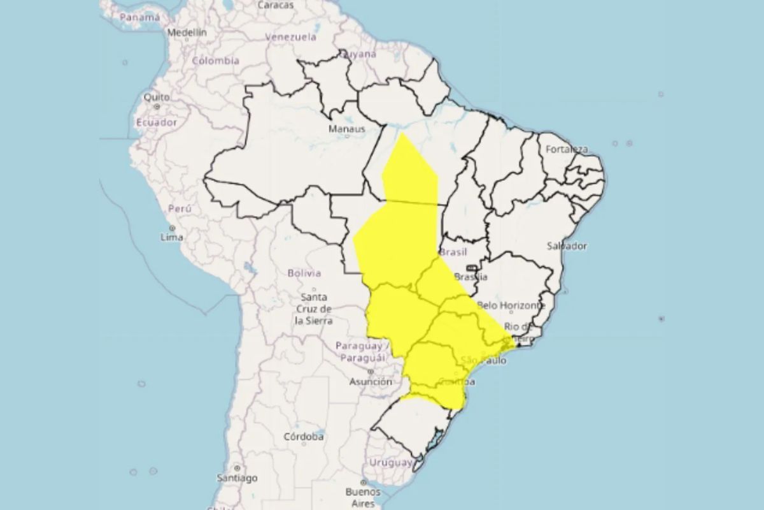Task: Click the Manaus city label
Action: point(347,129)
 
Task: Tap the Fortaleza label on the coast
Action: point(566,149)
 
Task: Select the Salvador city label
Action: point(567,245)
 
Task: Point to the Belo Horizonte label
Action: point(511,306)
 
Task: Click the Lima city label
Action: point(172,237)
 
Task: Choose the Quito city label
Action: point(157,98)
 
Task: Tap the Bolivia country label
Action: point(304,273)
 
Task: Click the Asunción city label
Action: point(370,382)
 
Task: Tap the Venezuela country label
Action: point(290,37)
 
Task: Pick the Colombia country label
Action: point(215,61)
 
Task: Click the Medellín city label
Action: point(187,32)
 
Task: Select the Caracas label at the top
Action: point(276,5)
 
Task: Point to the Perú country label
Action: point(179,208)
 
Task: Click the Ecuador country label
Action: point(155,122)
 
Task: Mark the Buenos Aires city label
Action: point(363,497)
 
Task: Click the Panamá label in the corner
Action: point(139,17)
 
